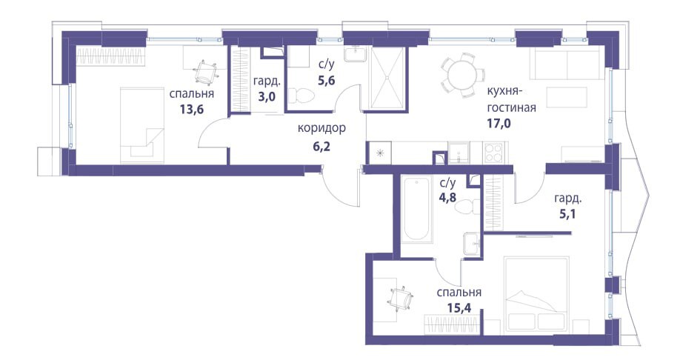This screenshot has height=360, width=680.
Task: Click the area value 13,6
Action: (x=192, y=108)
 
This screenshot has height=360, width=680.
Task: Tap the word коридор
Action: (x=321, y=128)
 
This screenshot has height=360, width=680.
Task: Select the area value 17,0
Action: (x=499, y=124)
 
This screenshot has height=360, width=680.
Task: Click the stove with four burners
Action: (x=493, y=153)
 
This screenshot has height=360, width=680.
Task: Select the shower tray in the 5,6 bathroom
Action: (x=388, y=78)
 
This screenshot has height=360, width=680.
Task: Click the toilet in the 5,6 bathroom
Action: (x=301, y=96)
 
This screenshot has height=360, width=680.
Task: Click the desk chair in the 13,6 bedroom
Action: (x=205, y=73)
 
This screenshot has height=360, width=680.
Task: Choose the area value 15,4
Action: (x=459, y=307)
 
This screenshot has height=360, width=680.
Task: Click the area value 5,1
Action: (x=567, y=214)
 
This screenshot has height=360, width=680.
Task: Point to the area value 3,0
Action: (x=267, y=96)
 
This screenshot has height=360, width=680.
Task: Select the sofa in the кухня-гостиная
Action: (x=566, y=64)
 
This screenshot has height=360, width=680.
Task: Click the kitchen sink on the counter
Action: (x=459, y=153)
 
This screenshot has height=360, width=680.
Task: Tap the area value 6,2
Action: (x=321, y=146)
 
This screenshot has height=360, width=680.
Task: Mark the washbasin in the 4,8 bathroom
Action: (x=471, y=243)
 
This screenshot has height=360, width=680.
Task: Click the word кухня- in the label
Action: (x=505, y=91)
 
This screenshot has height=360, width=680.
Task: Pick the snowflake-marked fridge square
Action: (x=379, y=153)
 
